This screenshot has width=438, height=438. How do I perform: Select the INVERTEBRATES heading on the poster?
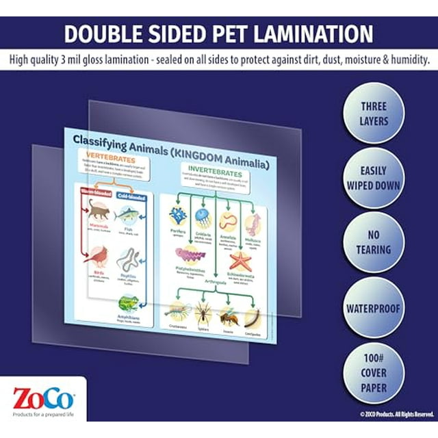pos(217,167)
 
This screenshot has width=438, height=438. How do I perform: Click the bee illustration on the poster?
pos(229,314)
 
